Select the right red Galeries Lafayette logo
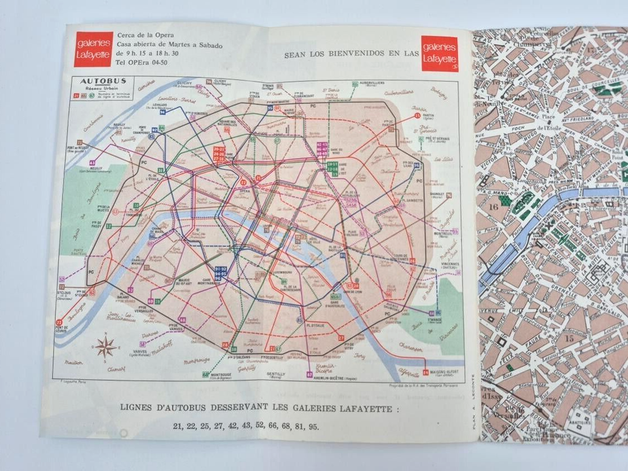coord(440,53)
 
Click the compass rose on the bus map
coord(106,346)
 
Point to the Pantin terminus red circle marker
coord(417,116)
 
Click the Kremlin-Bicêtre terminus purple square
coord(309,376)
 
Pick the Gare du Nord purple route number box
coord(322,148)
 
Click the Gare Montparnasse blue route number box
coord(220,273)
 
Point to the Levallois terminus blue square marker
coord(161,111)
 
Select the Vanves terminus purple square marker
coord(143,344)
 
